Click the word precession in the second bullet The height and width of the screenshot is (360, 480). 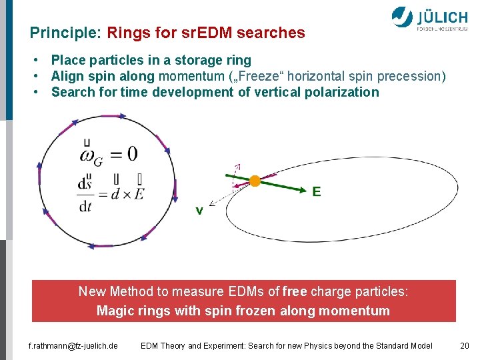[412, 77]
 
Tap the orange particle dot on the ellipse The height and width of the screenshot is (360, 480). [255, 181]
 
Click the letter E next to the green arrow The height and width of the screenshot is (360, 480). [317, 192]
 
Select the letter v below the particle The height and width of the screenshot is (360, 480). [199, 211]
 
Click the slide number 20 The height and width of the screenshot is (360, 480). [465, 345]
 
